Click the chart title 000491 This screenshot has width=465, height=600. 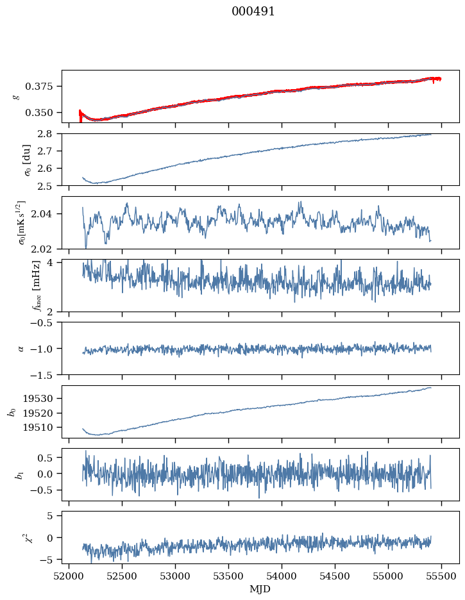coord(253,12)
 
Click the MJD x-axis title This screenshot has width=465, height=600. coord(260,589)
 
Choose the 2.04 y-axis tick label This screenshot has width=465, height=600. coord(47,214)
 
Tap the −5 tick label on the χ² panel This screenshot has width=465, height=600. coord(49,560)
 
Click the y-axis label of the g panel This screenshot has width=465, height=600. coord(17,96)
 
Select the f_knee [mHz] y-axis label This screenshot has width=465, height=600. coord(17,285)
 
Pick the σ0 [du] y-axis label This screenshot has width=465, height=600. coord(17,159)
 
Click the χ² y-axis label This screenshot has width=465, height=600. coord(17,537)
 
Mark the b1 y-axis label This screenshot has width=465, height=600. coord(17,474)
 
